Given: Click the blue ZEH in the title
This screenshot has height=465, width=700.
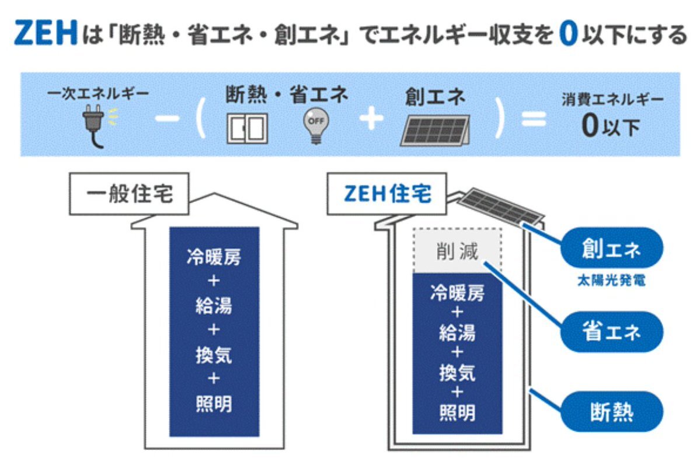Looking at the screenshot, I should click(46, 34).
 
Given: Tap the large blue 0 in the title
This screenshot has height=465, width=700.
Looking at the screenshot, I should click(567, 34).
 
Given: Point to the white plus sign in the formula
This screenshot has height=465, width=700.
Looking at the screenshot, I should click(370, 120).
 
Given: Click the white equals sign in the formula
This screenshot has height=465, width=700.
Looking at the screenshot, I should click(532, 120).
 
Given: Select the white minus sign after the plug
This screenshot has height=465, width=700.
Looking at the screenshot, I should click(168, 120).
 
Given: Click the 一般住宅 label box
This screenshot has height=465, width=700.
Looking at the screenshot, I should click(130, 194).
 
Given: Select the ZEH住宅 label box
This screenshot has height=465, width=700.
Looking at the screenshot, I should click(388, 194).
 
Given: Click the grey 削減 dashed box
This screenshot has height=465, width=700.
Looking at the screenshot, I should click(457, 251).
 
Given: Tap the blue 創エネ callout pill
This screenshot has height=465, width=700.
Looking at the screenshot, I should click(611, 249).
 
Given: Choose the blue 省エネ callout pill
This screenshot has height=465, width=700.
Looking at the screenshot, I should click(611, 331).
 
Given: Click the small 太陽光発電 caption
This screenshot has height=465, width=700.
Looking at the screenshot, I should click(611, 281).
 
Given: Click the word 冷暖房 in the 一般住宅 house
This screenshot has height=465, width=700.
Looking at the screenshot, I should click(214, 257).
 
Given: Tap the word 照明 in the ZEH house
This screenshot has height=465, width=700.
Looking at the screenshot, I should click(457, 412).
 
